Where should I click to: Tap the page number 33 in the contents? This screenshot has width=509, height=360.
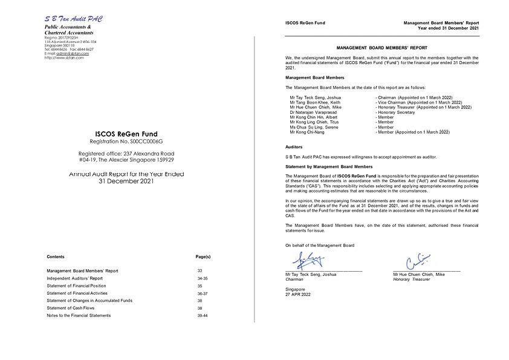click(199, 270)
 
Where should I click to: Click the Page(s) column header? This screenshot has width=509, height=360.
click(203, 257)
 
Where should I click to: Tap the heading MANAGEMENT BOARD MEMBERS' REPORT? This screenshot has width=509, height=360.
click(381, 47)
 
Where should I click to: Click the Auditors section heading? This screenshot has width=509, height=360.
click(294, 147)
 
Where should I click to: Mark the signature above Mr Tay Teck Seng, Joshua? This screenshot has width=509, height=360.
click(309, 261)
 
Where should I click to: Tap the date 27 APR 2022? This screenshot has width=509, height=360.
click(297, 294)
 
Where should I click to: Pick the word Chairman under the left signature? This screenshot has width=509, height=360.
click(294, 280)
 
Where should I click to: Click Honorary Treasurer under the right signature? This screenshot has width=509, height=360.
click(412, 280)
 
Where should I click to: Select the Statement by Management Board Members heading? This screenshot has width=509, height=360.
click(329, 166)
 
